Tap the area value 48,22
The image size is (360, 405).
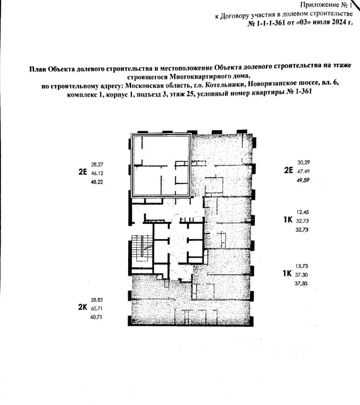click(97, 182)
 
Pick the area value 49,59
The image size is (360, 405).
click(304, 180)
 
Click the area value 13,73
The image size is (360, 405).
click(303, 265)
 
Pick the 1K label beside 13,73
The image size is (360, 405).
click(287, 273)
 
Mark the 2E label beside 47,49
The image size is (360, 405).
click(288, 171)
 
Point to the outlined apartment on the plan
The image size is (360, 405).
click(161, 165)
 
